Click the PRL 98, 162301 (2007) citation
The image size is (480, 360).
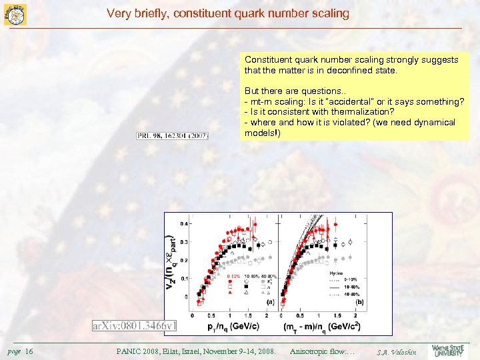click(173, 136)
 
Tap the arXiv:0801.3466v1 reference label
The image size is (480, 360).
click(135, 325)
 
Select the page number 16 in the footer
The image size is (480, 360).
click(29, 351)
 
